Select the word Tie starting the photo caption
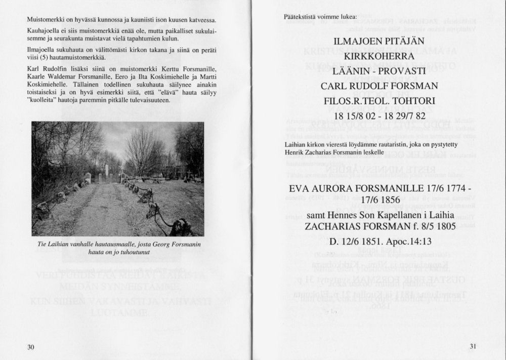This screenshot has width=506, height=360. pyautogui.click(x=42, y=245)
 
